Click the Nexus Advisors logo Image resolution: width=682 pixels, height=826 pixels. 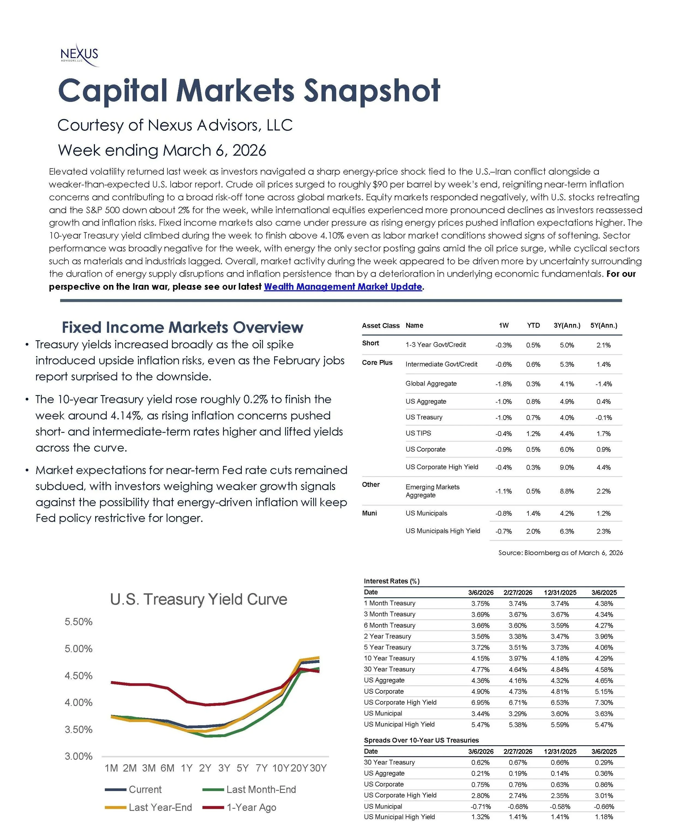click(79, 54)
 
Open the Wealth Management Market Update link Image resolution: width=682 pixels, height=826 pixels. click(343, 287)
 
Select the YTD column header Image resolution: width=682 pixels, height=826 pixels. click(533, 325)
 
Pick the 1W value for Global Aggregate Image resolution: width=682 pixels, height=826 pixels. click(503, 384)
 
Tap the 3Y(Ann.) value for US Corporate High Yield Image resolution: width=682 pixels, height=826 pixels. click(567, 467)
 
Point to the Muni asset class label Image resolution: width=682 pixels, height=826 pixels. click(369, 513)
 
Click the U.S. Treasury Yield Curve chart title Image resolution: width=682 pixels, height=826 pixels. click(198, 599)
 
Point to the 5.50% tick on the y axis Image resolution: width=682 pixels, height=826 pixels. click(79, 622)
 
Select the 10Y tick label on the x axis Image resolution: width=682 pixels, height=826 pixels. click(280, 768)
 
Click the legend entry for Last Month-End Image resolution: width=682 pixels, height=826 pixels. click(261, 789)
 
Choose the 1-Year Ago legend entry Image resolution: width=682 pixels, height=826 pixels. click(251, 807)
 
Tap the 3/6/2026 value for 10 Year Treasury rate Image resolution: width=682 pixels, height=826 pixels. click(480, 658)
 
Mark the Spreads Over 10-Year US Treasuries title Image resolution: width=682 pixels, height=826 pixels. click(421, 740)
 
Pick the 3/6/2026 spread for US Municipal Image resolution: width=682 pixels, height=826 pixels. click(480, 806)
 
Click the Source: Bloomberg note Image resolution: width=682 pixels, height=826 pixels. click(560, 553)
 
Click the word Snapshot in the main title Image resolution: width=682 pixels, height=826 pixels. click(372, 91)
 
